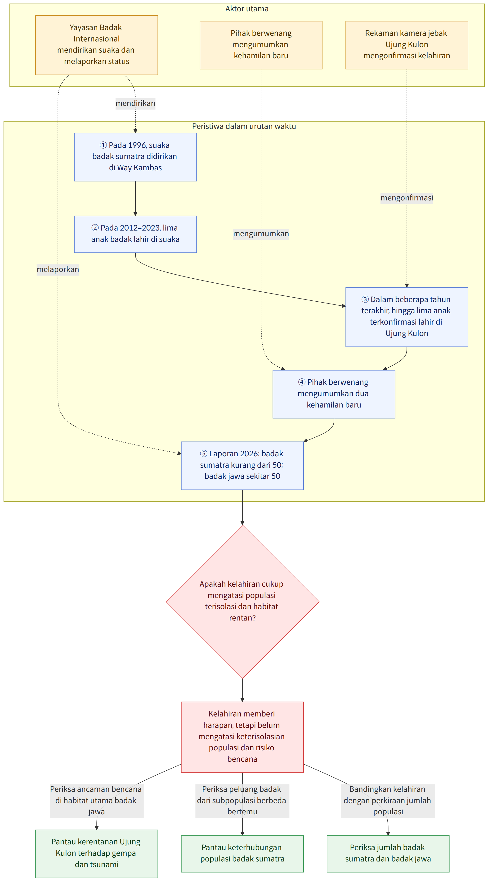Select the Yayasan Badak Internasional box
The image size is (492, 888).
coord(96,45)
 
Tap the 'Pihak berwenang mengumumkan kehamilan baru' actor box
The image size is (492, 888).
coord(261,45)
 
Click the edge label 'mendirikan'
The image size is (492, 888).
coord(135,103)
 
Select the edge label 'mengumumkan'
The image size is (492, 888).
coord(261,233)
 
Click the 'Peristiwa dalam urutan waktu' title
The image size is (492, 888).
coord(244,126)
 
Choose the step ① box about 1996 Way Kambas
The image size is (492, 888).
coord(135,157)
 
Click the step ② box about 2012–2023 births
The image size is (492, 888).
coord(135,234)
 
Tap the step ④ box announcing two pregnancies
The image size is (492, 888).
coord(334,394)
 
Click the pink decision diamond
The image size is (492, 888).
coord(242,602)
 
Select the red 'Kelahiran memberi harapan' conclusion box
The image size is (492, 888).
coord(242,737)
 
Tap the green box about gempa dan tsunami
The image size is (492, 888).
coord(96,854)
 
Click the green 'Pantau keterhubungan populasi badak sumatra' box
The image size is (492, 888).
coord(242,854)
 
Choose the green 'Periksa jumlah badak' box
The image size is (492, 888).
coord(388,854)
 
